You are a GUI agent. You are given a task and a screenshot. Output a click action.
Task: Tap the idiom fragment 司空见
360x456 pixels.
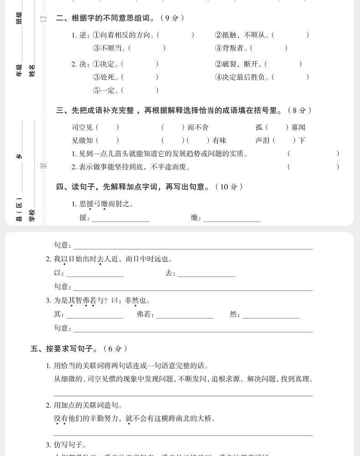coord(82,127)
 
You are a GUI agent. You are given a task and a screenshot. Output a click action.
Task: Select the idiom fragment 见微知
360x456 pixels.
coord(82,140)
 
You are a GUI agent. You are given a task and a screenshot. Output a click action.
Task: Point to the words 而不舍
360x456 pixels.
coord(198,127)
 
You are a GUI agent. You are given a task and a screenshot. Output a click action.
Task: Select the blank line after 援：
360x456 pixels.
coord(121,219)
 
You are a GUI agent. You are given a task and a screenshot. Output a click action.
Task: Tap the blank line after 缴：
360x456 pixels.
coord(232,219)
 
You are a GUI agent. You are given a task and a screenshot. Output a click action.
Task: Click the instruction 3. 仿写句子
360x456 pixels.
coord(67,445)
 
